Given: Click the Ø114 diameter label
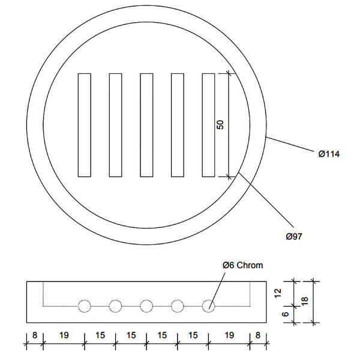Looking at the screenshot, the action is click(329, 154).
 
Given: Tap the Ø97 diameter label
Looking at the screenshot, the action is click(294, 236).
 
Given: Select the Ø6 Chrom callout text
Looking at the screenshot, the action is click(242, 265).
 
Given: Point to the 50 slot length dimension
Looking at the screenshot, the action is click(220, 125).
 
